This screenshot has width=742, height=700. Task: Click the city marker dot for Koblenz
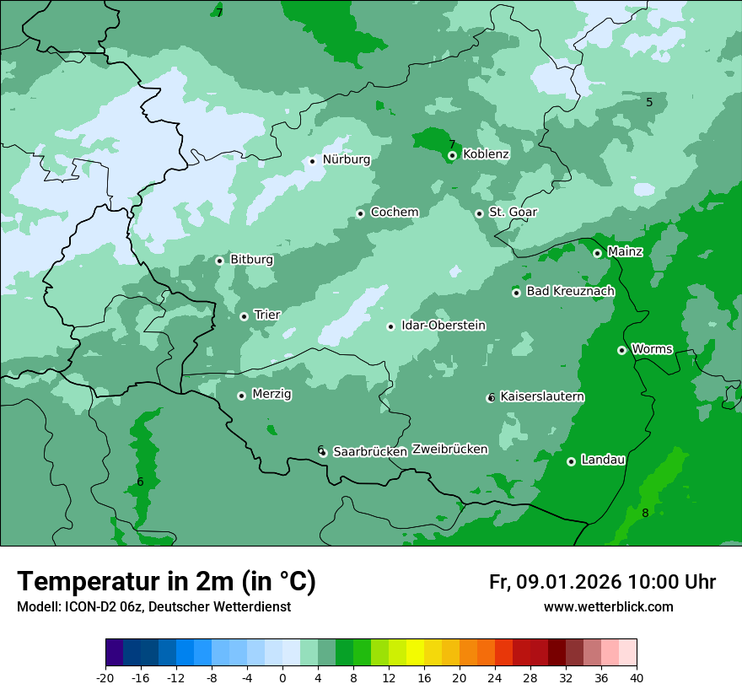coord(453,155)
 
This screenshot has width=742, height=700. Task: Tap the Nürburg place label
coord(346,159)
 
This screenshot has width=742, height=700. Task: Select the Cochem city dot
coord(360,213)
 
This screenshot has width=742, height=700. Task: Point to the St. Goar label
coord(513,213)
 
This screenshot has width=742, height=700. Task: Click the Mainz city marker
coord(597,253)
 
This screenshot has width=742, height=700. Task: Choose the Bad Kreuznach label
coord(570,292)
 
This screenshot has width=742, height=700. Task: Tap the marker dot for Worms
coord(621,350)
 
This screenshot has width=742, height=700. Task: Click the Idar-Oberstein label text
coord(444,326)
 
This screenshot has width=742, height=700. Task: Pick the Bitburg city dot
coord(219,261)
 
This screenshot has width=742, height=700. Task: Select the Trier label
coord(266,315)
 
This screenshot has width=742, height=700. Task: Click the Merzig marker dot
coord(241,396)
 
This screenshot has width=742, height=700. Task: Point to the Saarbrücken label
coord(370,452)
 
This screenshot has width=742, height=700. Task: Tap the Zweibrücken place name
coord(449,450)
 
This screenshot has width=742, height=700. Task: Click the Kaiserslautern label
coord(542,397)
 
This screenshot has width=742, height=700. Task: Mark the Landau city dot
coord(571,461)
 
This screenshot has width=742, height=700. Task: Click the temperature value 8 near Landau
coord(645,514)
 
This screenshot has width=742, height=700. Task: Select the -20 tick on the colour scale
coord(105,678)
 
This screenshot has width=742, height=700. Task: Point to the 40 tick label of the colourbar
coord(636,678)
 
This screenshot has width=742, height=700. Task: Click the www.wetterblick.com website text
coord(608,607)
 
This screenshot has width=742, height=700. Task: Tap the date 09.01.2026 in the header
coord(568,583)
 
